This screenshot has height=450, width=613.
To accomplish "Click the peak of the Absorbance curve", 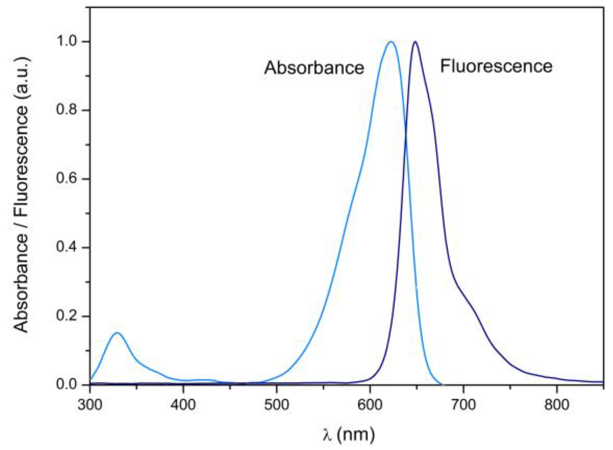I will tap(391, 42).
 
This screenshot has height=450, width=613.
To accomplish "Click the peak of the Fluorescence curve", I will tap(415, 42).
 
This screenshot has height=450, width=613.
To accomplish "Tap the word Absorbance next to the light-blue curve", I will tap(314, 67).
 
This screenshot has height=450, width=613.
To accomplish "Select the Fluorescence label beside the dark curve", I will tap(496, 66).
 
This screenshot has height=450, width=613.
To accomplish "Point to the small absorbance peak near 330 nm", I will tap(117, 333).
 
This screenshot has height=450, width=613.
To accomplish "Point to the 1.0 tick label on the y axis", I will tap(68, 41).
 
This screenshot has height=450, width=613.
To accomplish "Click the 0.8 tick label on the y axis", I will tap(68, 110).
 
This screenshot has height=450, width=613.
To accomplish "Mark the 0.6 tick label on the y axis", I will tap(68, 179).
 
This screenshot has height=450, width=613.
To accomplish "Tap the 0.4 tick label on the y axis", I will tap(68, 247).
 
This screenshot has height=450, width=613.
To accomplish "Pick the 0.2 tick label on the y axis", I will tap(68, 316).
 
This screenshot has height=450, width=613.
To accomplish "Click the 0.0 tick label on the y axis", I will tap(68, 384).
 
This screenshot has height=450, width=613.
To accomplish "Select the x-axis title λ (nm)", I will tap(348, 434).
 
